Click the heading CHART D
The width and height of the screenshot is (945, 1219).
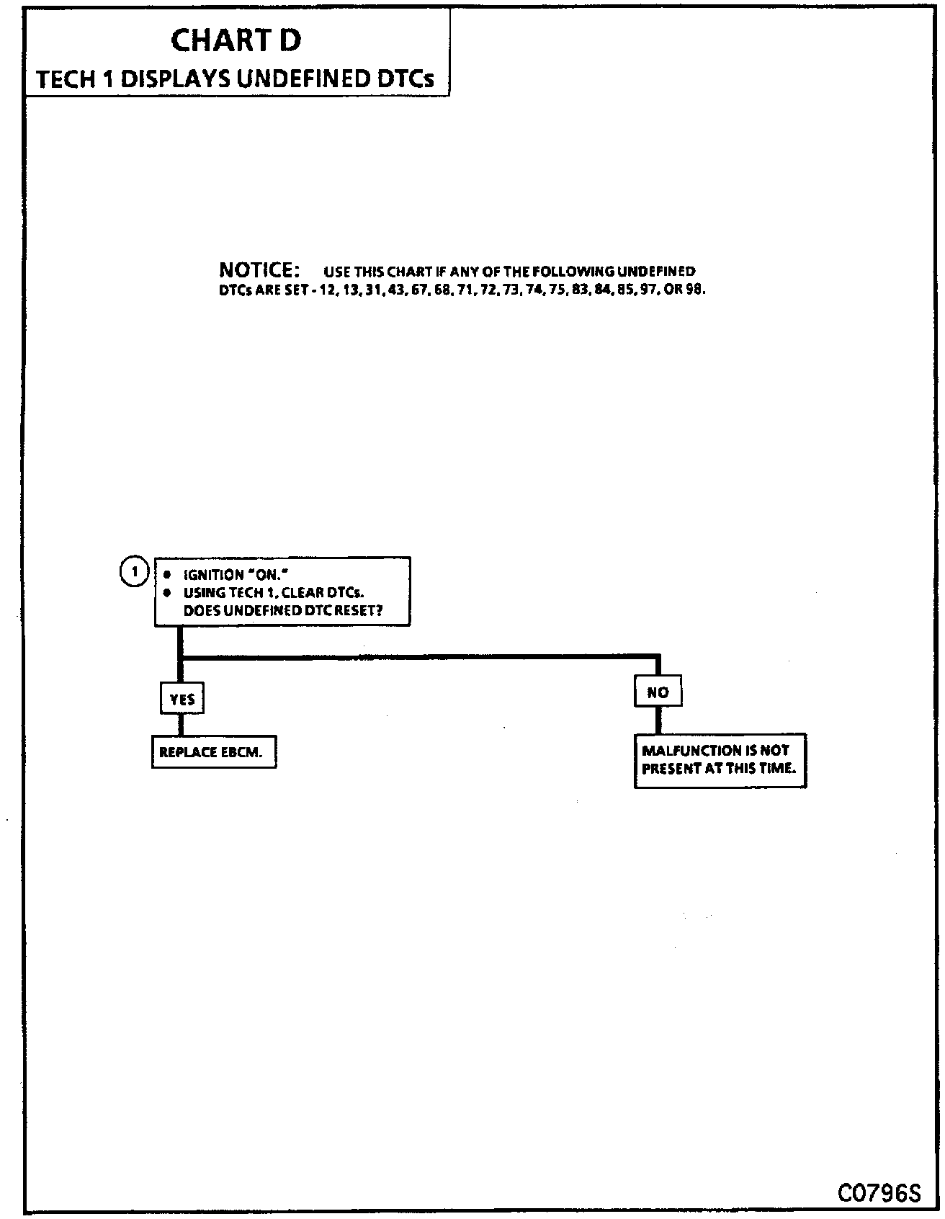pos(236,40)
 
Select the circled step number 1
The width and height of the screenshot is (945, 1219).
pos(133,571)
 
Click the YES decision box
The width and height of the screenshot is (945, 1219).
pos(182,699)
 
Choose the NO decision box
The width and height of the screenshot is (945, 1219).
pos(658,692)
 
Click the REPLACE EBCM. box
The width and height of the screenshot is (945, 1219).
pos(214,753)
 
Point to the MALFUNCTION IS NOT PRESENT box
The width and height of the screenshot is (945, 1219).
pos(720,760)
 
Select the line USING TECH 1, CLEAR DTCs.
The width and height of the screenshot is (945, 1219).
pos(273,593)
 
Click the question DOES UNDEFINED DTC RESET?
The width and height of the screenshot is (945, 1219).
pos(282,611)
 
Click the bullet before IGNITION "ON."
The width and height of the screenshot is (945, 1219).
pos(167,575)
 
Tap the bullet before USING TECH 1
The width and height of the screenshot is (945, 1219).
pos(167,593)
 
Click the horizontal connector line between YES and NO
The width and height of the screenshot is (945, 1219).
pos(418,656)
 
